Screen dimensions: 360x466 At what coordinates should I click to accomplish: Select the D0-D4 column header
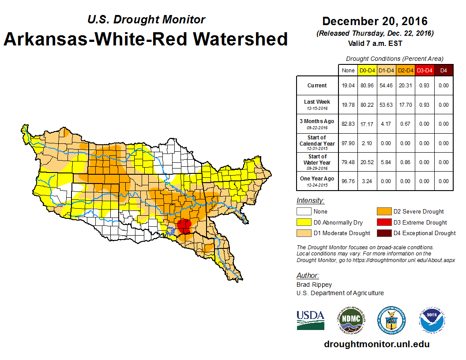coord(367,70)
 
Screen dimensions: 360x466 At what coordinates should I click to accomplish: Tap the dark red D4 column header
coord(443,70)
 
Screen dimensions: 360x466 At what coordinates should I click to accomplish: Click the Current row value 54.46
coord(386,86)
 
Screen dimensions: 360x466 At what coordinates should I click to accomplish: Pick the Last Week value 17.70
coord(405,105)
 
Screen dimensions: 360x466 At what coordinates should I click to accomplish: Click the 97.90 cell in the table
coord(348,143)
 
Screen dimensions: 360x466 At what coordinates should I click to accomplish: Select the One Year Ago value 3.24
coord(367,181)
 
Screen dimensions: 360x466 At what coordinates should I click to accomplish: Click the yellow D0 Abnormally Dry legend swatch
coord(304,222)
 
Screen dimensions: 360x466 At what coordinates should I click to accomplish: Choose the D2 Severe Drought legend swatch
coord(383,212)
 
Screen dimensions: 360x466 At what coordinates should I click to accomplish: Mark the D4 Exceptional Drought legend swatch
coord(383,233)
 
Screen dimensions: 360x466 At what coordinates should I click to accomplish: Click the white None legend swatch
coord(304,212)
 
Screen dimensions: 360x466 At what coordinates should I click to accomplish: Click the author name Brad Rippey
coord(314,285)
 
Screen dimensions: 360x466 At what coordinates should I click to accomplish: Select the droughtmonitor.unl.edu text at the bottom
coord(376,344)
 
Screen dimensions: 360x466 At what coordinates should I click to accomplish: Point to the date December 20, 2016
coord(375,21)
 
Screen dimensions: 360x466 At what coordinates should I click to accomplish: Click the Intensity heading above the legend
coord(310,201)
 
